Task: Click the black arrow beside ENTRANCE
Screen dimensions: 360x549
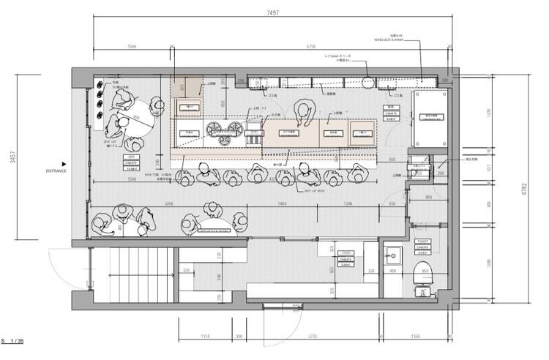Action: tap(64, 164)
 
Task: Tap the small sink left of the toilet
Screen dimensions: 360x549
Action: tap(394, 256)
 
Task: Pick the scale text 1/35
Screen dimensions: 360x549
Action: tap(18, 342)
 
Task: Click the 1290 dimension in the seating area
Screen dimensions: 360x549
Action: tap(348, 203)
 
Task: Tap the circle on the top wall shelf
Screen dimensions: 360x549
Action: tap(369, 82)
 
